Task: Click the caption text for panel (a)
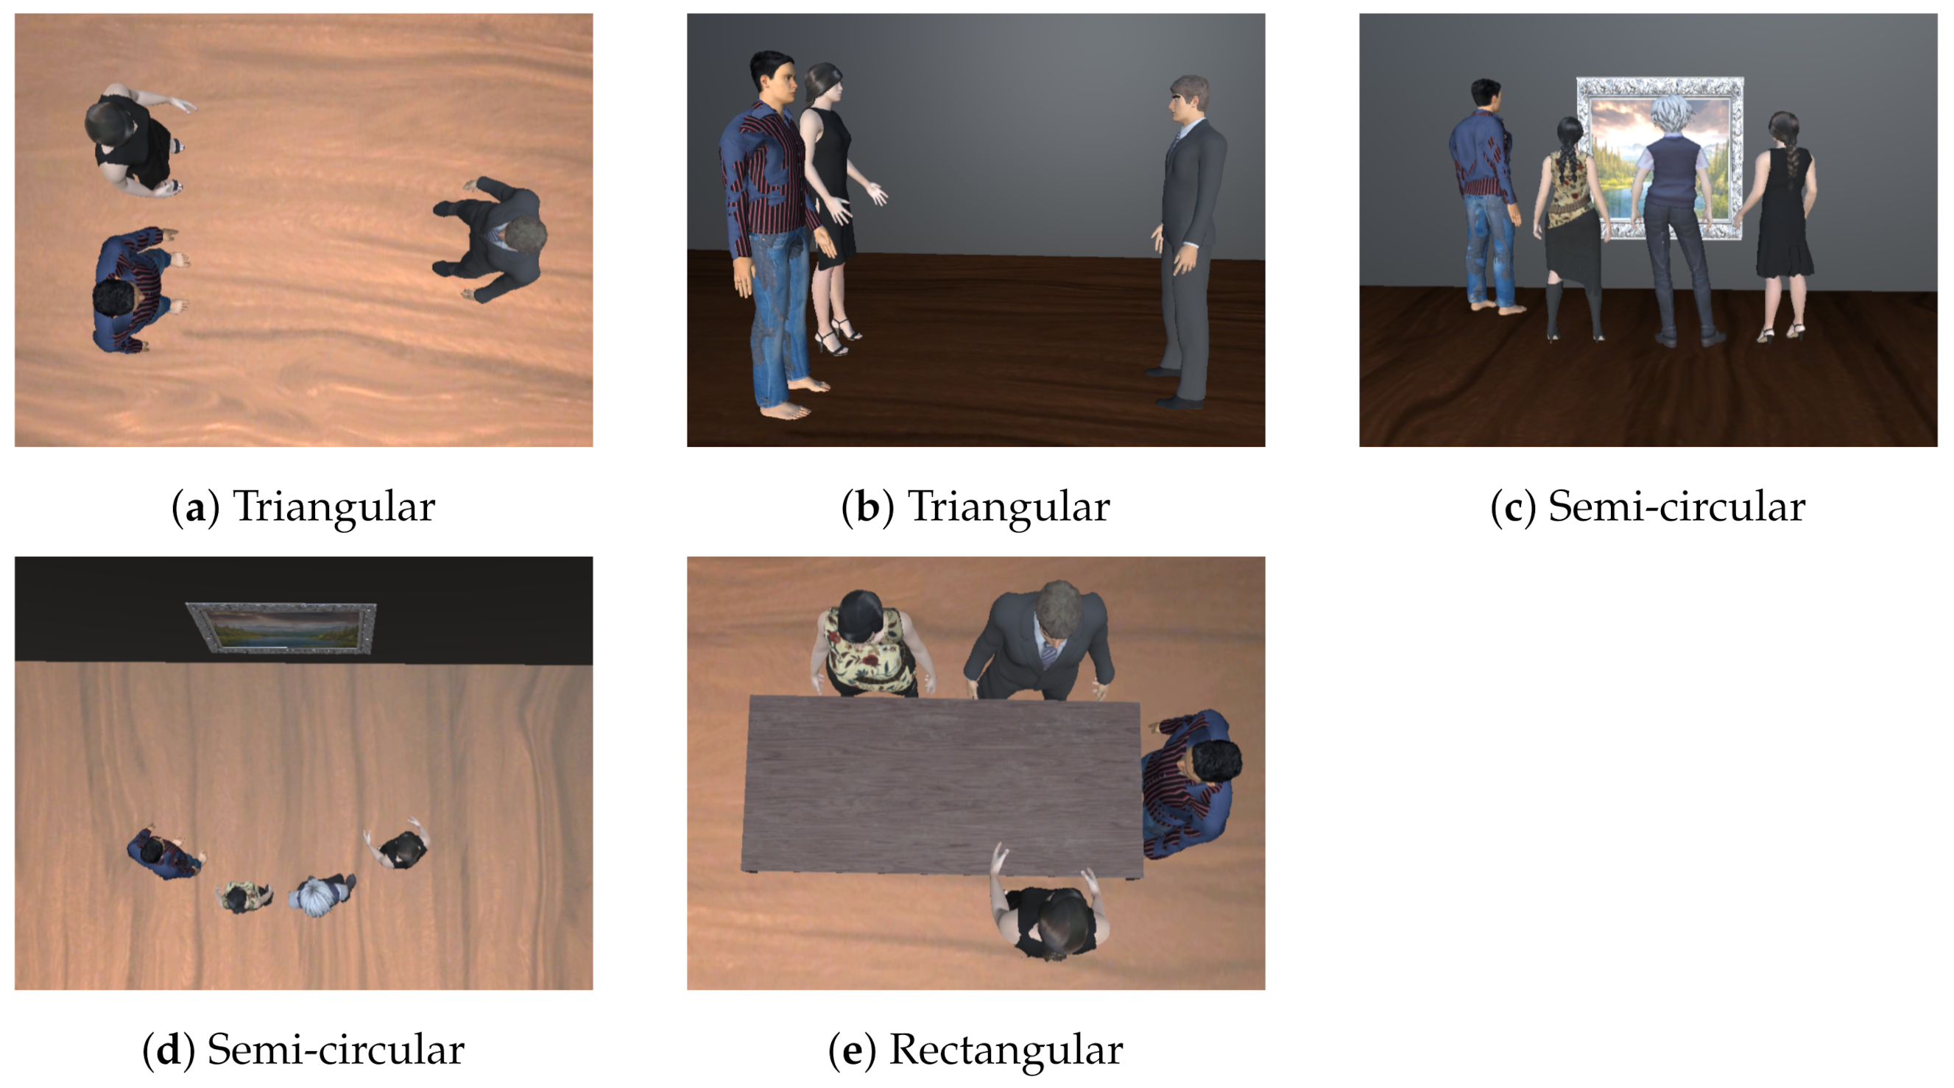(x=303, y=506)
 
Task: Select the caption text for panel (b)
(x=976, y=506)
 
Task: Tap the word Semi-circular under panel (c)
(x=1676, y=506)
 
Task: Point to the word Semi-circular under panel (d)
(x=335, y=1050)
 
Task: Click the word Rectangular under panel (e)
(x=1005, y=1051)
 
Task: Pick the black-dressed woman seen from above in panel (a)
(x=136, y=141)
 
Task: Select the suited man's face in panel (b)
(x=1181, y=102)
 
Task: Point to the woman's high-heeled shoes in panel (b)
(x=837, y=336)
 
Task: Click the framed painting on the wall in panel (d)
(x=281, y=627)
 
